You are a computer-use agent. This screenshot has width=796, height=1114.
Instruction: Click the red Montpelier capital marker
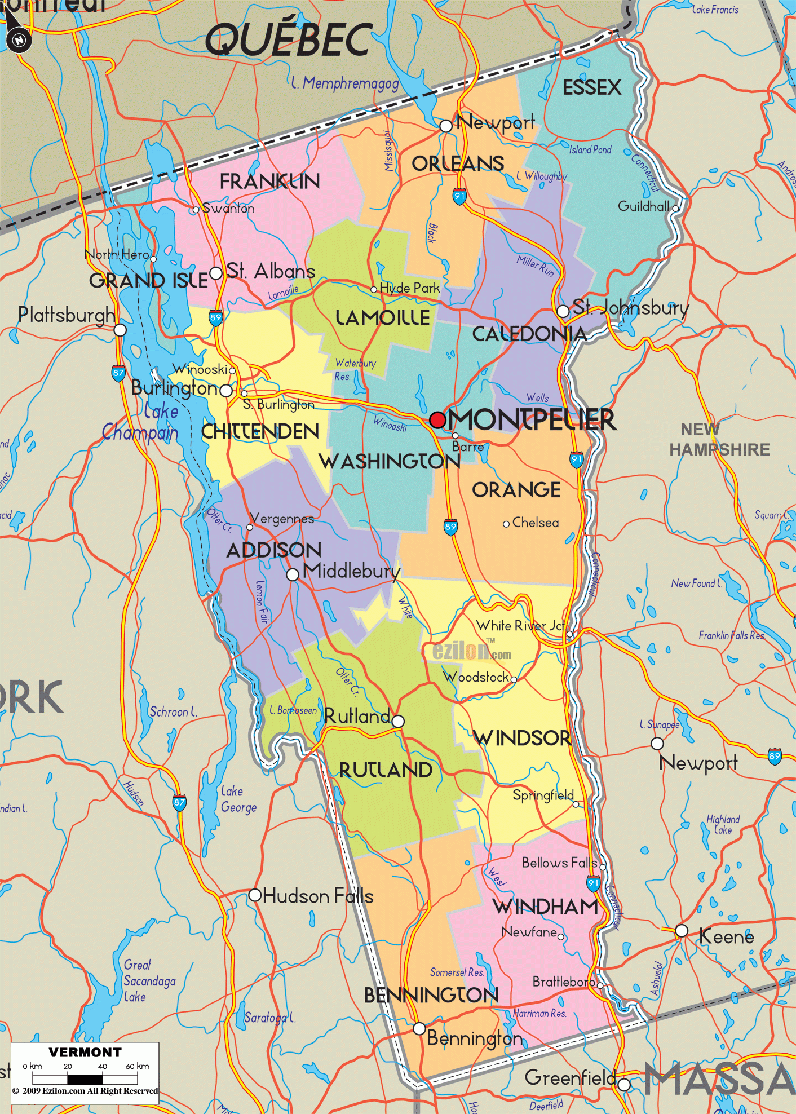click(x=437, y=419)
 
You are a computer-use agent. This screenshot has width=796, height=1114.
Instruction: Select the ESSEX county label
click(x=591, y=88)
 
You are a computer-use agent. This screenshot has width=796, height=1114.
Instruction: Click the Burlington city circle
click(x=226, y=390)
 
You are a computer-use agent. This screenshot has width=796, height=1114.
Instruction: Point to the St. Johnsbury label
click(x=630, y=308)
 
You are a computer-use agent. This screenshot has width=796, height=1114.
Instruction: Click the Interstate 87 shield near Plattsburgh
click(x=118, y=373)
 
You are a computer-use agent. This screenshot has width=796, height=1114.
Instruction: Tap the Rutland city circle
click(x=398, y=721)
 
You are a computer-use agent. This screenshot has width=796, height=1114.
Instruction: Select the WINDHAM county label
click(x=545, y=907)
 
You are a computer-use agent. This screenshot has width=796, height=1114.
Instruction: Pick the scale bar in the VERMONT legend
click(x=85, y=1079)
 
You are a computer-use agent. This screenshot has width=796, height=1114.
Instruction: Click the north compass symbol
click(x=19, y=40)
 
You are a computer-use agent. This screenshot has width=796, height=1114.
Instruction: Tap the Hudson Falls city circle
click(x=255, y=895)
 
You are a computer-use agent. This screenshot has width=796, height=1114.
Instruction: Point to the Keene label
click(x=726, y=937)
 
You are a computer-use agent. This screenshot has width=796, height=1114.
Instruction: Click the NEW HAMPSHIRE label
click(x=719, y=440)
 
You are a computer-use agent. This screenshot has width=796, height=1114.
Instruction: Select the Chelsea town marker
click(x=506, y=524)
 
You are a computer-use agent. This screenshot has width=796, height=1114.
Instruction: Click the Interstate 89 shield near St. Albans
click(x=215, y=317)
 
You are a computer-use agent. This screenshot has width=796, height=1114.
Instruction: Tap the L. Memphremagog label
click(x=345, y=83)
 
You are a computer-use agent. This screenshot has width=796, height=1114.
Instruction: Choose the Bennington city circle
click(x=419, y=1028)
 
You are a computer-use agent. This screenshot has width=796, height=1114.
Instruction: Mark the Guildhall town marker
click(x=675, y=207)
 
